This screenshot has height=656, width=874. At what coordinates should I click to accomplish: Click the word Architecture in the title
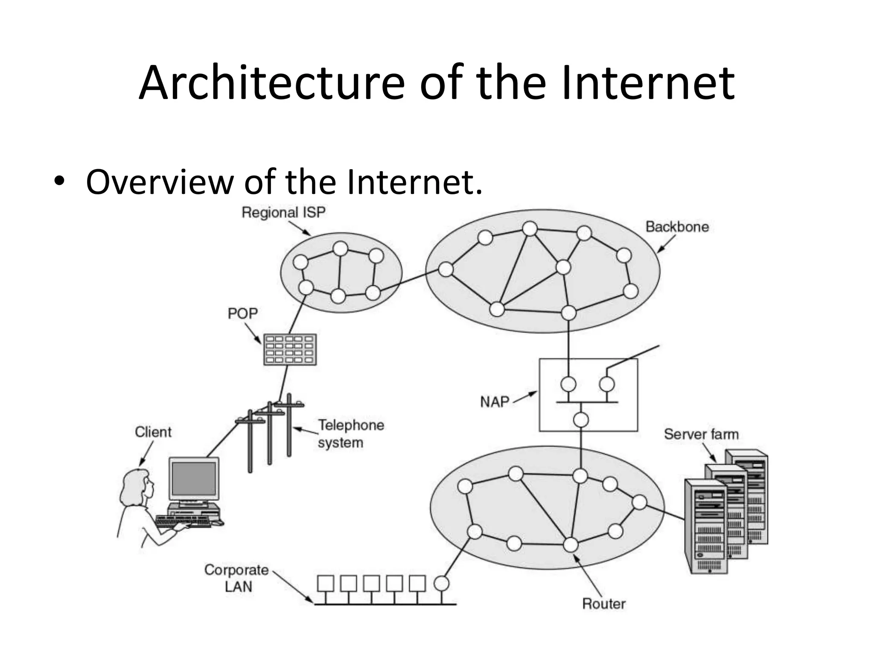tap(271, 83)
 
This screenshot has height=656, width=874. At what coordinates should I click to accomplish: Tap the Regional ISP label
tap(283, 212)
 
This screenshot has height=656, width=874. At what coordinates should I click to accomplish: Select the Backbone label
tap(677, 226)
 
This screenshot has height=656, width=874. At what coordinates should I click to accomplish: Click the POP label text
tap(242, 313)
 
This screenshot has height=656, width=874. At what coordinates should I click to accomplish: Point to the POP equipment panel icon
tap(290, 349)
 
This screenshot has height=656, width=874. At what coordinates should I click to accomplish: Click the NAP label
tap(495, 402)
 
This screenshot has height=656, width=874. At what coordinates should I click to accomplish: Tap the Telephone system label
tap(350, 433)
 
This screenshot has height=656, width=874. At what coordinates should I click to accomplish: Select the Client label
tap(153, 432)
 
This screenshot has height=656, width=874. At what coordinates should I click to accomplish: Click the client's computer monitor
tap(194, 479)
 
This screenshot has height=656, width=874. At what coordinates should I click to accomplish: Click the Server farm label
tap(701, 434)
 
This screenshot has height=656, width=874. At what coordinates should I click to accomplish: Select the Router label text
tap(603, 603)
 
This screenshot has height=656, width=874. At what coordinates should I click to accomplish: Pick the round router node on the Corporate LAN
tap(442, 583)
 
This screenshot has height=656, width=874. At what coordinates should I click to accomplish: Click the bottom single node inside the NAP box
tap(580, 420)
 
